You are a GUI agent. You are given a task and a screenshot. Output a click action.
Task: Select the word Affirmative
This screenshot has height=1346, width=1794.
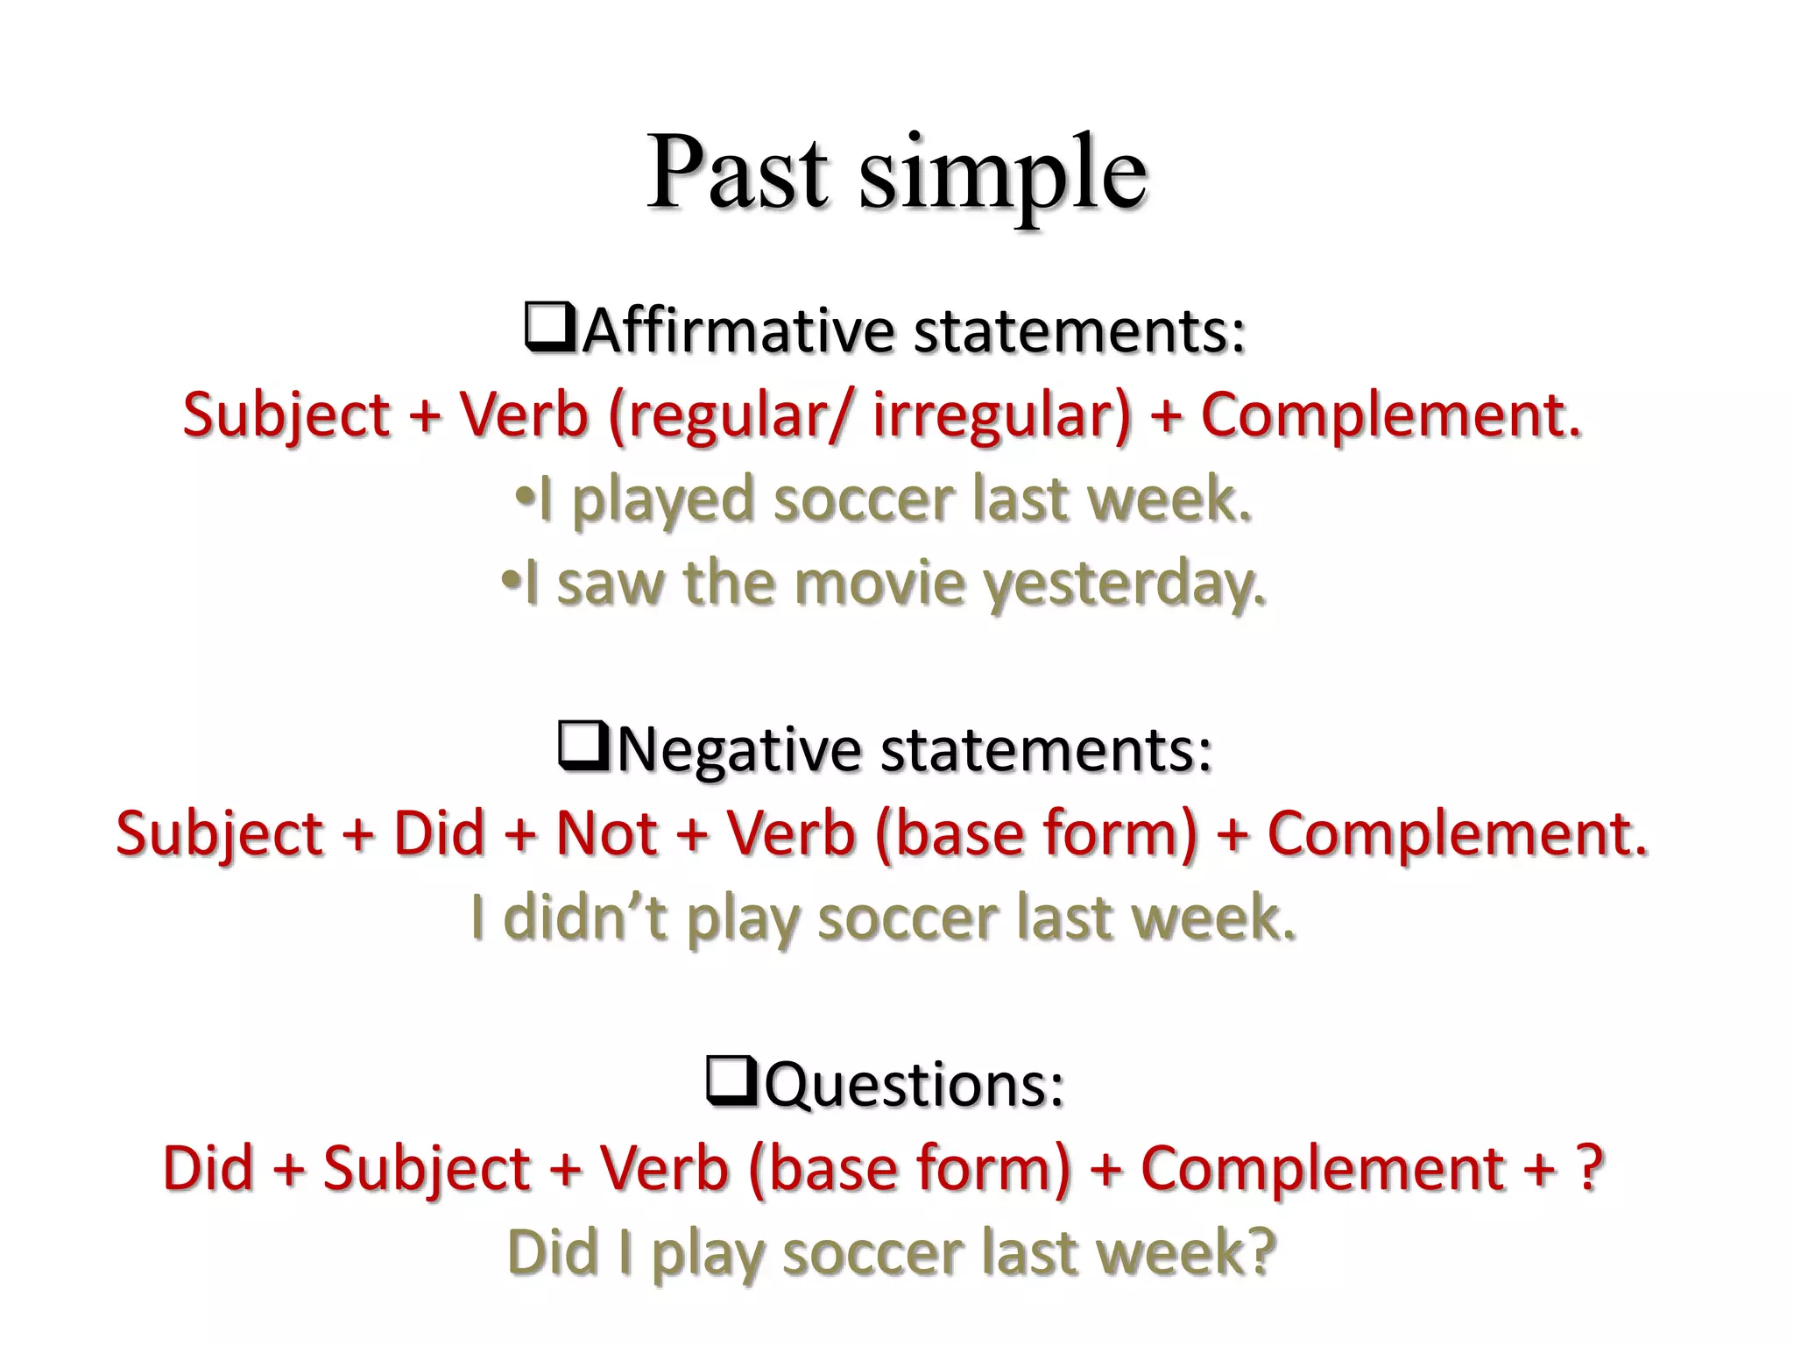click(738, 331)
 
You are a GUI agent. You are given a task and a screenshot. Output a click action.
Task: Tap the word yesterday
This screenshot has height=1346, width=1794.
click(1126, 585)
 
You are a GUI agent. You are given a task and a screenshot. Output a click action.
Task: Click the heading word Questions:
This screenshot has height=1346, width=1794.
click(915, 1085)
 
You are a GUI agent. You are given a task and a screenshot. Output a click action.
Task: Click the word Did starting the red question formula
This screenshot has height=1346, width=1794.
click(208, 1168)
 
